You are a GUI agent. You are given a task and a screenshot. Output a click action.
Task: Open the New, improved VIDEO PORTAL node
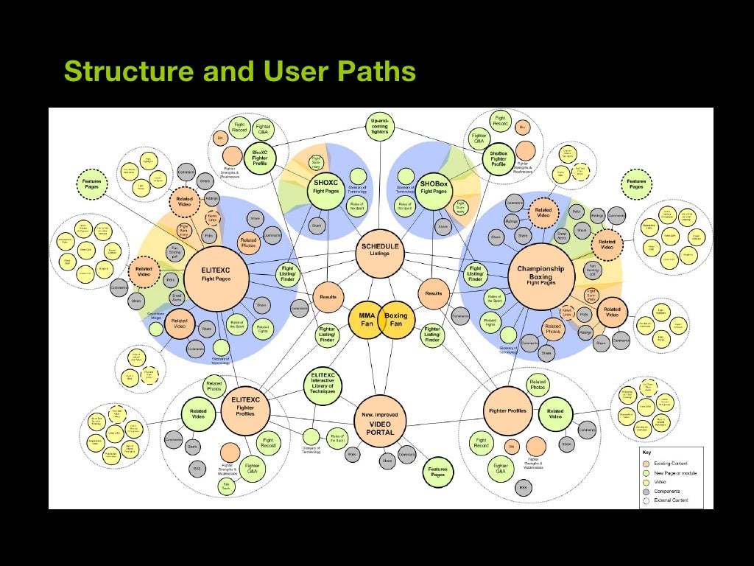tap(380, 423)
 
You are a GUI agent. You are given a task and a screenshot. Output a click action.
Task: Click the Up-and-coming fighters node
tap(379, 127)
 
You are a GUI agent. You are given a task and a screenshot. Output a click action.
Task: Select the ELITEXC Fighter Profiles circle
tap(245, 407)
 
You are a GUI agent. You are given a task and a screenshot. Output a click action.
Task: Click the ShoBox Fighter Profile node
tap(498, 159)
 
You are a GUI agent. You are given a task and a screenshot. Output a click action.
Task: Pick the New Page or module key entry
tap(674, 472)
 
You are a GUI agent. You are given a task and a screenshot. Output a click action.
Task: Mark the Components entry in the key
tap(667, 491)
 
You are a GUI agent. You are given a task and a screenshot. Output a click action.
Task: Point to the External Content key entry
tap(671, 500)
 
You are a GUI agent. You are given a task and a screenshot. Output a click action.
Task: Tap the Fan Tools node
tap(226, 486)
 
